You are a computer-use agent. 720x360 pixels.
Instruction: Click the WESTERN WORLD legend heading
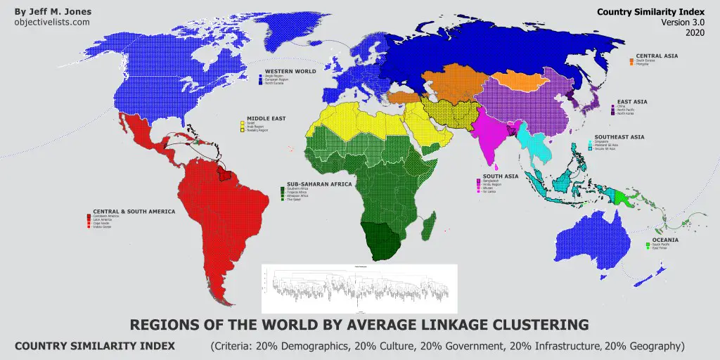(x=290, y=71)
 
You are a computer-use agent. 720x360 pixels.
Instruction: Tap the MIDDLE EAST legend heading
(x=266, y=118)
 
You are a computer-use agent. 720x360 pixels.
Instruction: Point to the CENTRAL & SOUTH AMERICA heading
(x=134, y=210)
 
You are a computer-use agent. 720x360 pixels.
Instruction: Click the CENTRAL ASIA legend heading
(x=657, y=56)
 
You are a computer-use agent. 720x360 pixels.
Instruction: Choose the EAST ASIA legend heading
(x=632, y=101)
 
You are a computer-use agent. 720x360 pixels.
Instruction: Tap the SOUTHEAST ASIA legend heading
(x=619, y=136)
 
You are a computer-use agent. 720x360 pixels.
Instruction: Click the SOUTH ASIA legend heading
(x=500, y=176)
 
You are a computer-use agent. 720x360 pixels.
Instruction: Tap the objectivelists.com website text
(x=52, y=22)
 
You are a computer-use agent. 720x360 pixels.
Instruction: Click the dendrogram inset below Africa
(x=359, y=288)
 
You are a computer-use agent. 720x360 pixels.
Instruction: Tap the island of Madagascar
(x=427, y=224)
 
